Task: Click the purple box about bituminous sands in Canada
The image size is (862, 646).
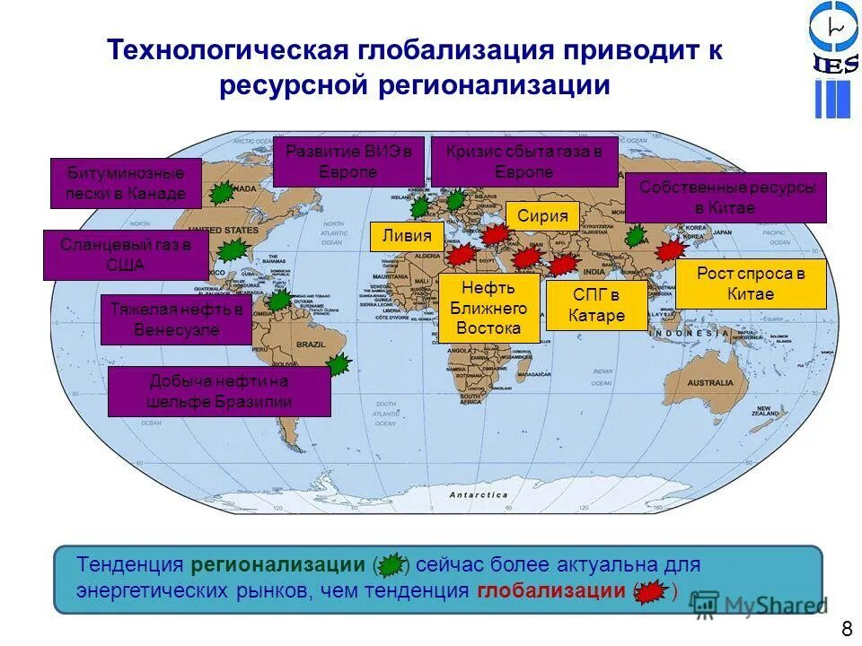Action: click(127, 183)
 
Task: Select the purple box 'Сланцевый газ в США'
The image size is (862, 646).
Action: click(126, 255)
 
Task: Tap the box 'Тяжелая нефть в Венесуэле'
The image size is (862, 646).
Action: click(176, 319)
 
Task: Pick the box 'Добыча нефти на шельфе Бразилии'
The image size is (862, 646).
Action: click(219, 391)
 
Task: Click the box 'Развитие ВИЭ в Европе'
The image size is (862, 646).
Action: click(347, 161)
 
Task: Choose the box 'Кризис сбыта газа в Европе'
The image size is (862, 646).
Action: click(524, 161)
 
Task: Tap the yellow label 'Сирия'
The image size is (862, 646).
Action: click(542, 215)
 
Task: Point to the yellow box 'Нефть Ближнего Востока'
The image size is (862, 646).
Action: click(488, 308)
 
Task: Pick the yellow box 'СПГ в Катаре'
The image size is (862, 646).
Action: click(596, 305)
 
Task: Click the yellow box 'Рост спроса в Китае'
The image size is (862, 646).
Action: click(750, 284)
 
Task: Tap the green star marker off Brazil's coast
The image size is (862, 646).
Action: click(338, 364)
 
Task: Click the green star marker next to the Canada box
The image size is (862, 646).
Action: click(222, 191)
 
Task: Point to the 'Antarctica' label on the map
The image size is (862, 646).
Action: click(479, 494)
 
